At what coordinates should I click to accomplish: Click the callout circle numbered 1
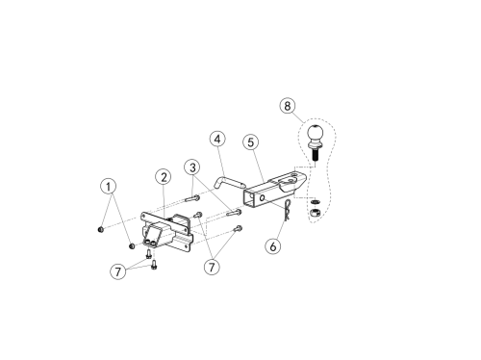[x=108, y=186]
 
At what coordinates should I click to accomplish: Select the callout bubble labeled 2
[x=164, y=177]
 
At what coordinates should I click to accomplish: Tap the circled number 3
[x=192, y=167]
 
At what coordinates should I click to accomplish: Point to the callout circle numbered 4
[x=217, y=139]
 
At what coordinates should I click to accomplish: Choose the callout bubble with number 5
[x=251, y=141]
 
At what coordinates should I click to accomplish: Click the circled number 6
[x=273, y=246]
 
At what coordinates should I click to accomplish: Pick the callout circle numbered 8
[x=287, y=106]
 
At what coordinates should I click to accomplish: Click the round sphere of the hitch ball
[x=316, y=133]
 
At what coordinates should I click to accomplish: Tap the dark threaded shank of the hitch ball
[x=315, y=155]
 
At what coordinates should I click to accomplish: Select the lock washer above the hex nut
[x=316, y=202]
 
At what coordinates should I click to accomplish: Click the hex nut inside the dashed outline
[x=316, y=212]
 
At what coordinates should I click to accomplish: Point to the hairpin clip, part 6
[x=288, y=211]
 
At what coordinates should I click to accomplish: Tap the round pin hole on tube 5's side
[x=262, y=198]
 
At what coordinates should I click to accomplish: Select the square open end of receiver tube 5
[x=248, y=199]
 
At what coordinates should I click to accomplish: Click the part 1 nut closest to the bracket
[x=132, y=246]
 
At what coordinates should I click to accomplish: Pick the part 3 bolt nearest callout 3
[x=192, y=199]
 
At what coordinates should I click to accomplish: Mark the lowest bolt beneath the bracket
[x=154, y=265]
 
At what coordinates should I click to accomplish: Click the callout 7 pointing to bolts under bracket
[x=118, y=271]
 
